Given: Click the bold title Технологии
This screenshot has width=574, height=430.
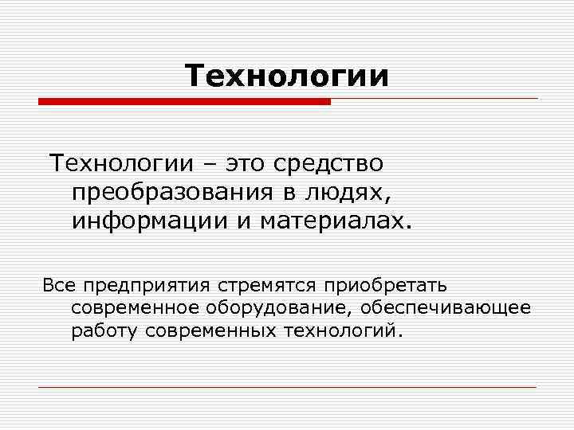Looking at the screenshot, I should [x=287, y=76].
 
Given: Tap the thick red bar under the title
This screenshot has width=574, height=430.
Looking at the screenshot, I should [x=184, y=102].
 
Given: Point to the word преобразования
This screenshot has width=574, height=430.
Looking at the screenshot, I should [x=175, y=192].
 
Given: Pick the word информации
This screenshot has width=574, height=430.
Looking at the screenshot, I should [x=147, y=220].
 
